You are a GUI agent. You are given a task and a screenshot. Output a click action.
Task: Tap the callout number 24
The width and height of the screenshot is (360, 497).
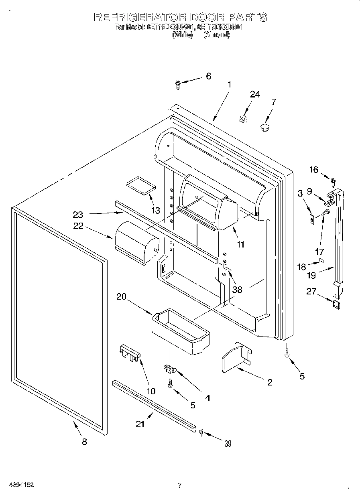255,94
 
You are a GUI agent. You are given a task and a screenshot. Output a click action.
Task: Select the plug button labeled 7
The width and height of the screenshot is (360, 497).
264,128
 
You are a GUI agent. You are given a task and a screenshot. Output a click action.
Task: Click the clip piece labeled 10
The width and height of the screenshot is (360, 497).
129,352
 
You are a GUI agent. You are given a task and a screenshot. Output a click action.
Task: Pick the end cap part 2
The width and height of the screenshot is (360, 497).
236,357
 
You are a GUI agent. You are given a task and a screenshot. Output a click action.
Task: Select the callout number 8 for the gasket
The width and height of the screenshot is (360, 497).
84,442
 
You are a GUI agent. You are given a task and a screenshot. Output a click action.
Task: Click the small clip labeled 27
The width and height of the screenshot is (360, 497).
337,304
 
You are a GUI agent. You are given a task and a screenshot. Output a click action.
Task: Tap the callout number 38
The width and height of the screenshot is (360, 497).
237,289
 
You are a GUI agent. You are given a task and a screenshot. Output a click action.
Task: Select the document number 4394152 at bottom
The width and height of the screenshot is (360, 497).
20,485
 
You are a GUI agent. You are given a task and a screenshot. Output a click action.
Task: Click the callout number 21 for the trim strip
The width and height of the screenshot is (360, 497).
140,424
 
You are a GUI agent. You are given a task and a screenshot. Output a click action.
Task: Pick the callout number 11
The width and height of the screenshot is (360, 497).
240,244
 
